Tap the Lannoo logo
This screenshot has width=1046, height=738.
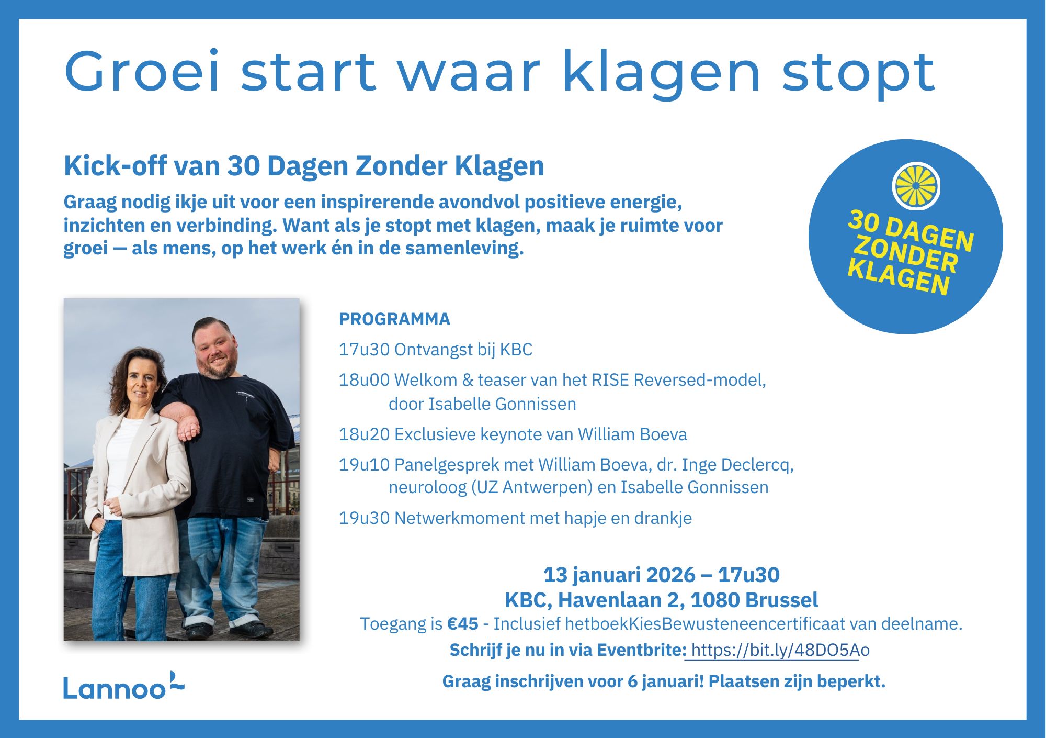point(123,686)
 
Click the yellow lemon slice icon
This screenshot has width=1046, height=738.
point(916,186)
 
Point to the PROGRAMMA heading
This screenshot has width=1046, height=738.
point(394,319)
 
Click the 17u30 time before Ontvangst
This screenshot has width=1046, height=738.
point(364,349)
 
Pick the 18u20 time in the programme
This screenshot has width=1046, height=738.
point(364,434)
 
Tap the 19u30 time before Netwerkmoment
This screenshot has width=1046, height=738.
point(364,518)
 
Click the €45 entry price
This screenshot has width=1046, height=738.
point(462,624)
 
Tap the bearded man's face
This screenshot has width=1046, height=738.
point(216,350)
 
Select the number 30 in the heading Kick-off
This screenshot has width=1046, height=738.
point(243,166)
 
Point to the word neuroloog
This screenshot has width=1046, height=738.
point(427,487)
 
